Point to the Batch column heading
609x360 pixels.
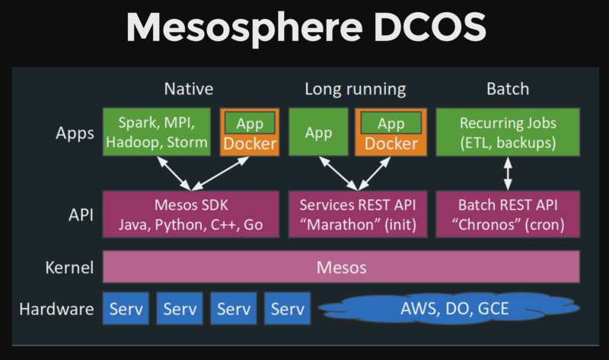pyautogui.click(x=507, y=89)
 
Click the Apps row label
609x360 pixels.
pyautogui.click(x=75, y=133)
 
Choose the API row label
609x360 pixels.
pyautogui.click(x=80, y=215)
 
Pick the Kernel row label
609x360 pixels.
pyautogui.click(x=69, y=268)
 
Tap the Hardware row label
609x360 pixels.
pyautogui.click(x=56, y=309)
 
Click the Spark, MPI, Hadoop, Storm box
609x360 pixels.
pyautogui.click(x=158, y=132)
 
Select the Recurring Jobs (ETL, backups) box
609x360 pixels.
pyautogui.click(x=509, y=132)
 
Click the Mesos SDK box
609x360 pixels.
pyautogui.click(x=190, y=214)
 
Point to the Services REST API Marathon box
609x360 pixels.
pyautogui.click(x=357, y=214)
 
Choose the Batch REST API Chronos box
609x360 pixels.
pyautogui.click(x=509, y=214)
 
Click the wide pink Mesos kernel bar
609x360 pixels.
pyautogui.click(x=341, y=267)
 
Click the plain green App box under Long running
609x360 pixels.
pyautogui.click(x=318, y=132)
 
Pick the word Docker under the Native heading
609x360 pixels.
pyautogui.click(x=250, y=144)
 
